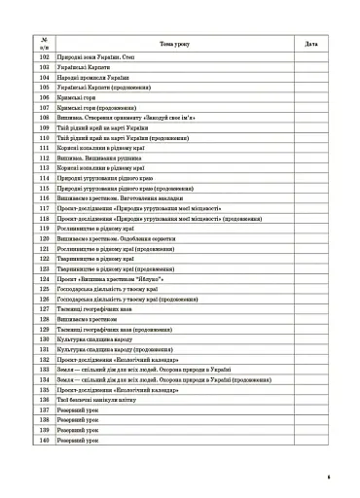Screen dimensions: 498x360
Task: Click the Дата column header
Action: coord(310,43)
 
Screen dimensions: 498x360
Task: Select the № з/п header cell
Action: coord(43,43)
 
